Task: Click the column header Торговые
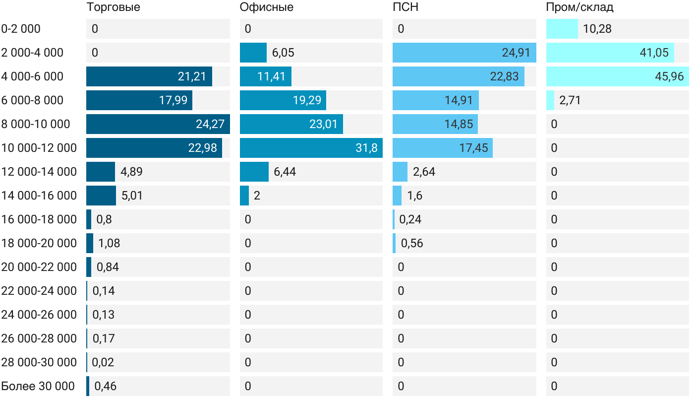tap(113, 7)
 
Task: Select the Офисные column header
tap(266, 7)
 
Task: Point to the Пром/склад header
tap(579, 7)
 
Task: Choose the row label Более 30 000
tap(38, 386)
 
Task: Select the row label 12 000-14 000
tap(39, 172)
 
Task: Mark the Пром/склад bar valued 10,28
tap(562, 29)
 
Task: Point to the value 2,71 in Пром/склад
tap(570, 100)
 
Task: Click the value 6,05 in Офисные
tap(283, 53)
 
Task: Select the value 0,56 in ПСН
tap(412, 243)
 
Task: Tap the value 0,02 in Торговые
tap(103, 362)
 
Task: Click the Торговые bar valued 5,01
tap(101, 196)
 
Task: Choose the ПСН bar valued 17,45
tap(442, 148)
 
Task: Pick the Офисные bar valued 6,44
tap(254, 172)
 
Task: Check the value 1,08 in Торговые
tap(109, 243)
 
